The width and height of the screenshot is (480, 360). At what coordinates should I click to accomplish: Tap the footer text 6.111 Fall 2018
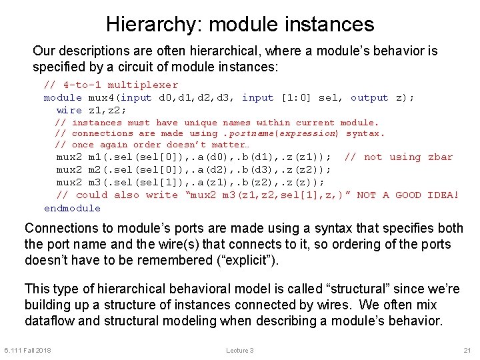(x=28, y=351)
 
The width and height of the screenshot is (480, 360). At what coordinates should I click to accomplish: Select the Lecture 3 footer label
(x=240, y=351)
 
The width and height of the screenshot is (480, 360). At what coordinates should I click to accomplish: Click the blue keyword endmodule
(x=72, y=208)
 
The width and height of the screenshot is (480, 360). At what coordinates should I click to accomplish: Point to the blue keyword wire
(x=69, y=110)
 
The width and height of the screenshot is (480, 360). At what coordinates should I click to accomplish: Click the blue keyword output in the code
(x=369, y=97)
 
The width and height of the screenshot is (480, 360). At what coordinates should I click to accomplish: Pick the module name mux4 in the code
(x=101, y=97)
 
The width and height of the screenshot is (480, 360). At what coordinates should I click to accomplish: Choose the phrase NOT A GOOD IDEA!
(x=408, y=195)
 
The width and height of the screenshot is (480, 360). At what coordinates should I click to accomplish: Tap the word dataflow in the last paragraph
(x=50, y=320)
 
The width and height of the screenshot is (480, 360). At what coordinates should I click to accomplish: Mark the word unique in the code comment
(x=201, y=122)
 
